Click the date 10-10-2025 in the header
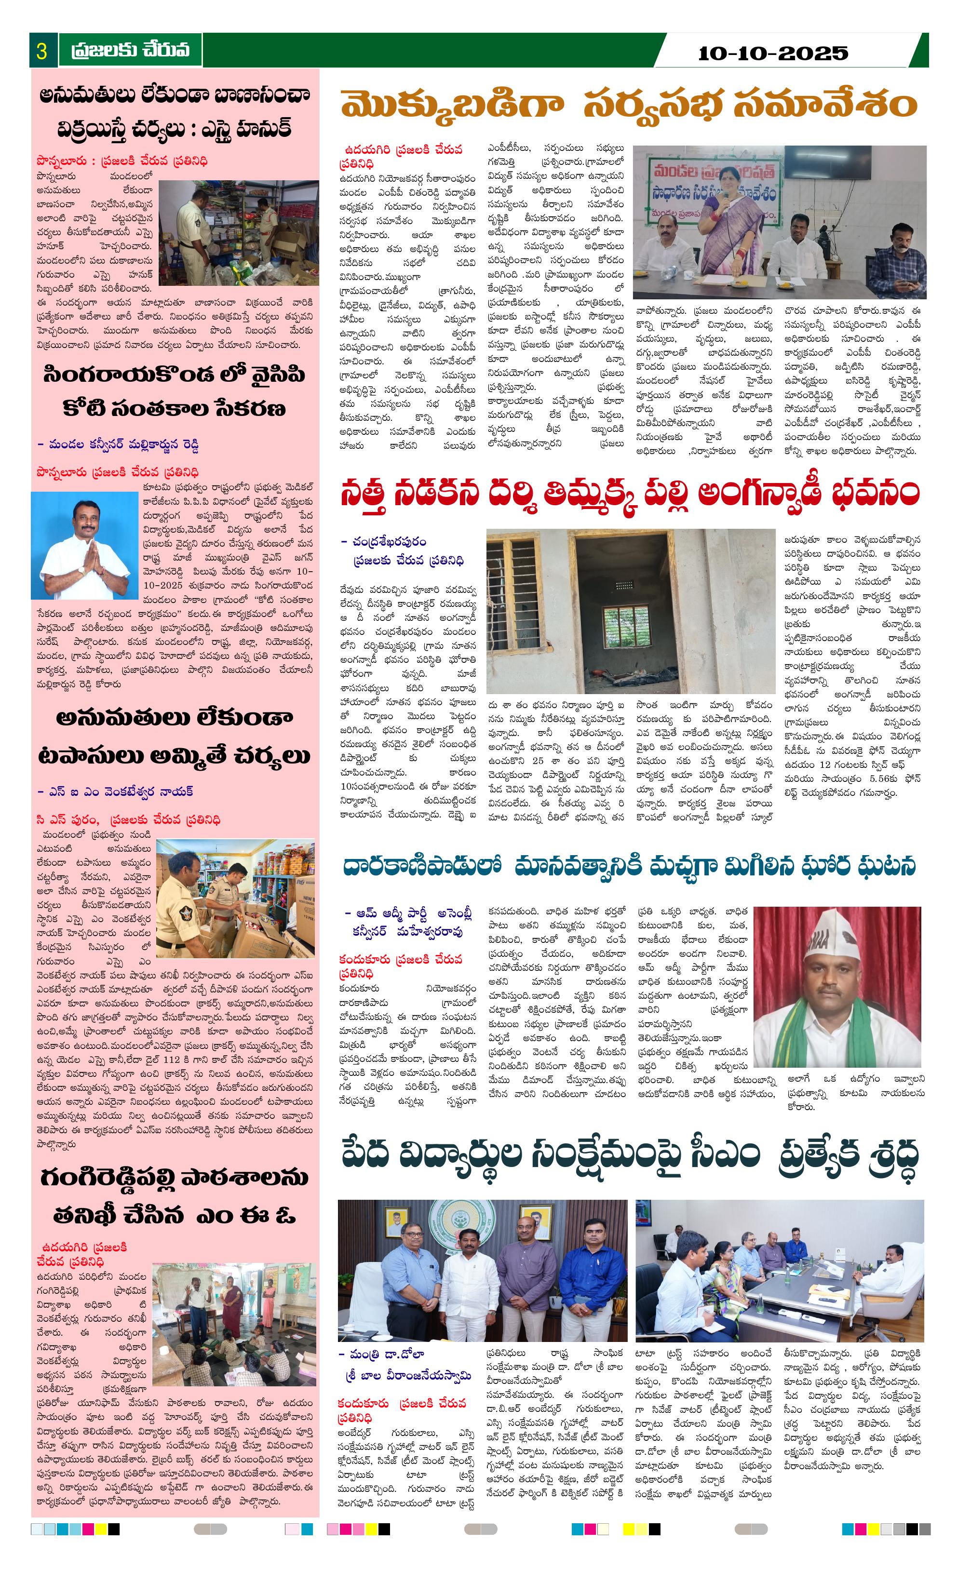click(x=772, y=53)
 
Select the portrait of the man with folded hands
click(x=85, y=545)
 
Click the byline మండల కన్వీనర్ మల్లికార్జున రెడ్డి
click(x=118, y=444)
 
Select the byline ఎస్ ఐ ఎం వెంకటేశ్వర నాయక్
click(x=115, y=792)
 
